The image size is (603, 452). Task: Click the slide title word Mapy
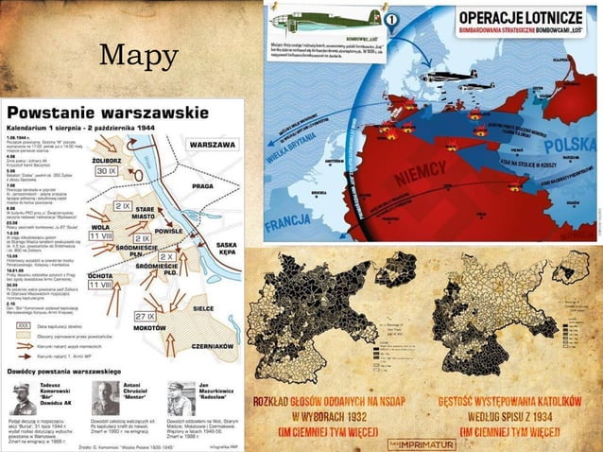point(139,58)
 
